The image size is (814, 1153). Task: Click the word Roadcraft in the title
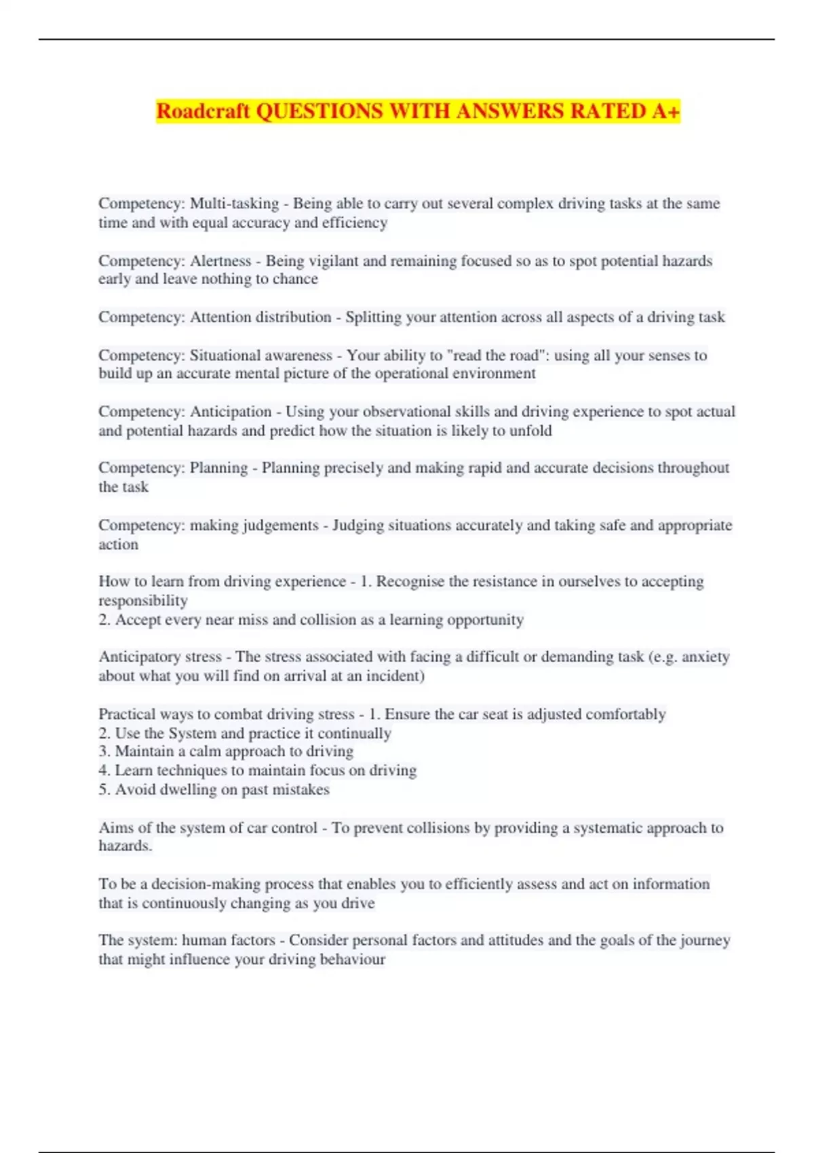[203, 111]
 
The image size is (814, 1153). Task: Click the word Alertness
[220, 261]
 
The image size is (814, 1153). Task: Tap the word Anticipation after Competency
[231, 412]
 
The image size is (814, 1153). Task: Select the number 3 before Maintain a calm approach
[104, 751]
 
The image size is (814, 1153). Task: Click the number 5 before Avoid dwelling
[104, 789]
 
